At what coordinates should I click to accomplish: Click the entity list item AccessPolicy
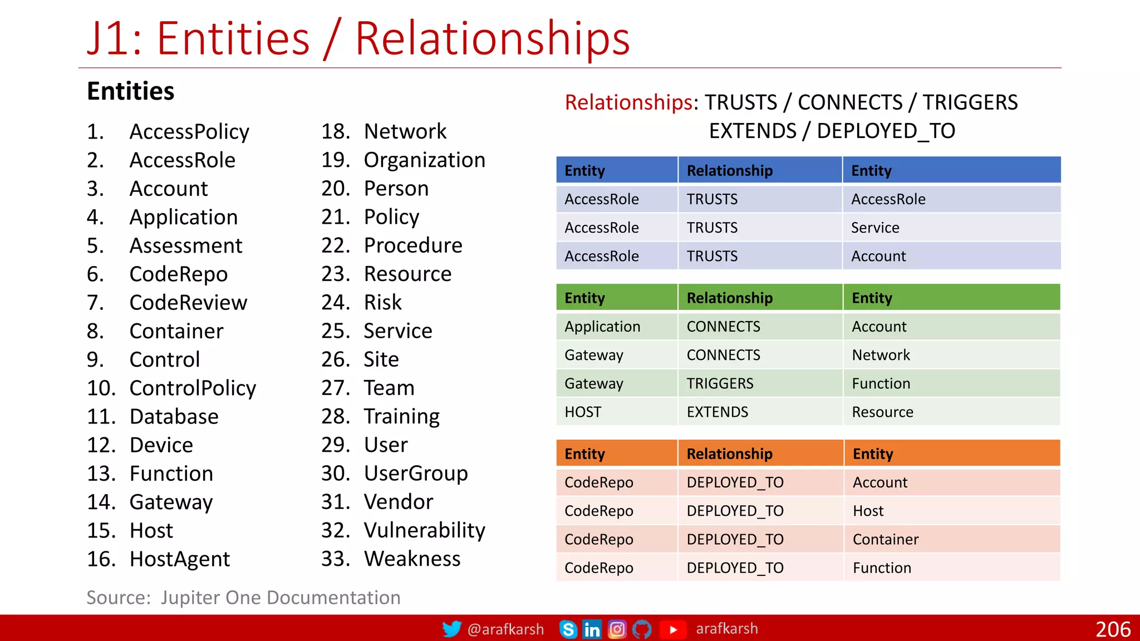click(189, 132)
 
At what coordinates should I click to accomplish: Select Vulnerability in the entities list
click(424, 530)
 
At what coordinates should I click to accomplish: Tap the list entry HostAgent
click(179, 559)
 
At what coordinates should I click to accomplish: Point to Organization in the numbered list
click(424, 160)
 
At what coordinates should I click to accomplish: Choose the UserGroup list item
click(415, 474)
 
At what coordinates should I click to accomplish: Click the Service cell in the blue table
click(875, 228)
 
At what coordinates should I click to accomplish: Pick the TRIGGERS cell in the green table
click(720, 383)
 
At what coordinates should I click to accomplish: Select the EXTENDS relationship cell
click(717, 412)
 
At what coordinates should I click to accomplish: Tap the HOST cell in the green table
click(583, 412)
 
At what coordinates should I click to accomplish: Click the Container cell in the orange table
click(885, 539)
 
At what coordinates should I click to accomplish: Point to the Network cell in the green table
click(881, 355)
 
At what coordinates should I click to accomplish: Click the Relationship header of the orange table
click(729, 453)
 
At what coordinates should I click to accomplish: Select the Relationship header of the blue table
click(729, 170)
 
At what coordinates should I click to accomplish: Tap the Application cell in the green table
click(602, 327)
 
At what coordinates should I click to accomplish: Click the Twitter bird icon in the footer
click(451, 629)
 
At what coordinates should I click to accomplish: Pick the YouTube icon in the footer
click(672, 629)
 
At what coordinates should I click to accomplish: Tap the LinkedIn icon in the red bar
click(591, 629)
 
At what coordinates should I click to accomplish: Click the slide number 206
click(1113, 629)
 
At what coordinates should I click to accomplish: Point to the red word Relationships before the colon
click(628, 102)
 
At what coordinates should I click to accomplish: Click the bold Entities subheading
click(131, 91)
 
